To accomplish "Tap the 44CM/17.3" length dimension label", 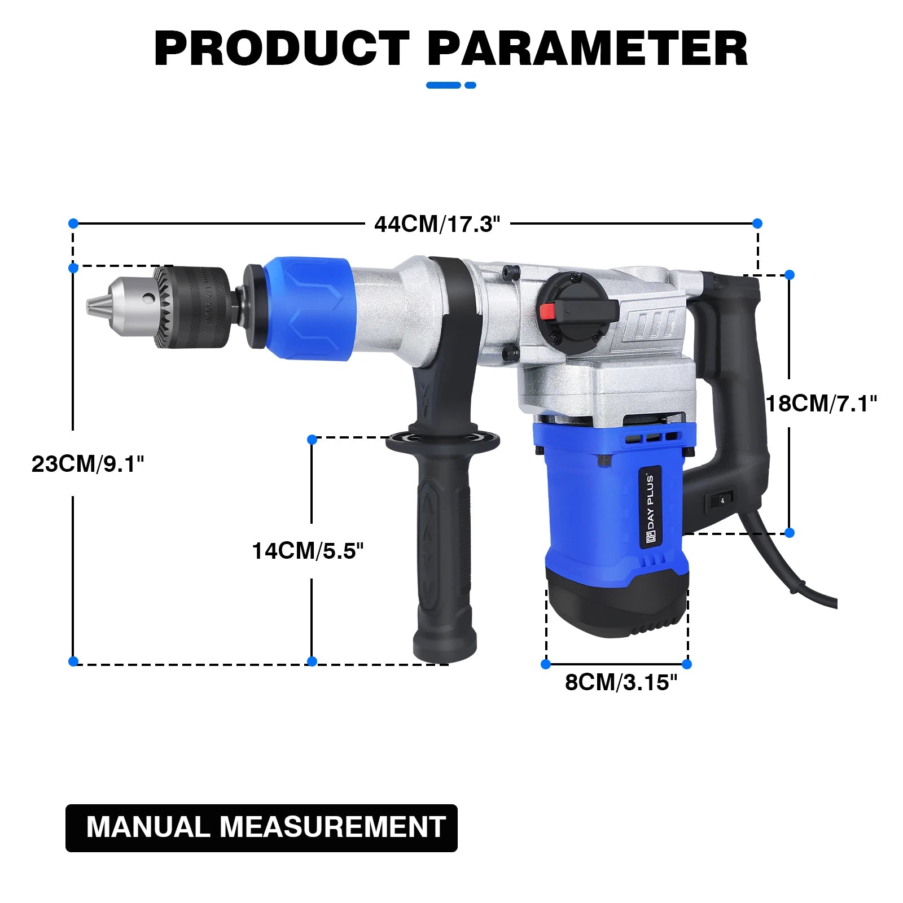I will [437, 224].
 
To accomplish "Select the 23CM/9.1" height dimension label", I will [87, 464].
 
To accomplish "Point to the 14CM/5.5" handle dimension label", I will [308, 551].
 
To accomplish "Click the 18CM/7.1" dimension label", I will [821, 404].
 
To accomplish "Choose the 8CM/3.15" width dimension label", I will [621, 682].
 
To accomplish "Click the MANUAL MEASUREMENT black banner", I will [261, 827].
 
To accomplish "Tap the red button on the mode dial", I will [548, 311].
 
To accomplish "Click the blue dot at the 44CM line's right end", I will [757, 223].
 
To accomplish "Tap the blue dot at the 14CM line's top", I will [312, 439].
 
